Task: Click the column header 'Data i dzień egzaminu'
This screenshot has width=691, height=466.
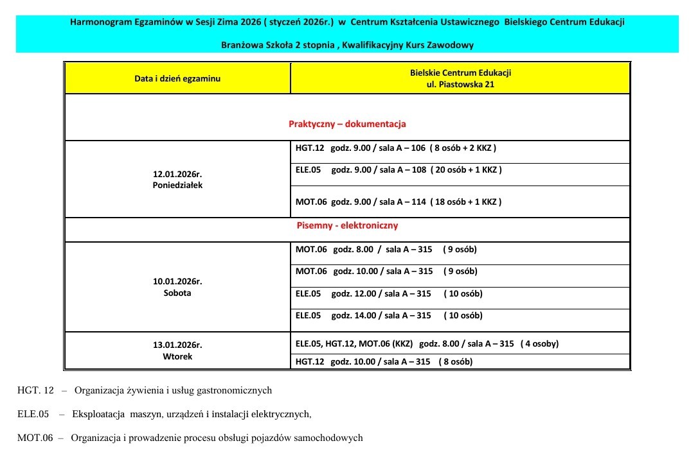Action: coord(177,78)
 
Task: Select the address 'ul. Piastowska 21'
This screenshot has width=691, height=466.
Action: coord(460,84)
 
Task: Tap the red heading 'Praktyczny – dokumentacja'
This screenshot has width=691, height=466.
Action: coord(347,124)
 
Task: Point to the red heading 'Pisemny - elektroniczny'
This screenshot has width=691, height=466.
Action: coord(347,225)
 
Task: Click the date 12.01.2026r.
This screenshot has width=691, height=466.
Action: coord(177,174)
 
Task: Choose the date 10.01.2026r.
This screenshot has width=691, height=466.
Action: coord(177,281)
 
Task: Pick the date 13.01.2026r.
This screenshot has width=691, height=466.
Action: coord(177,345)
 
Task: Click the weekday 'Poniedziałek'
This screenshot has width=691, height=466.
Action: coord(177,186)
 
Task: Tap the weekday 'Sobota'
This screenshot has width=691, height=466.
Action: coord(177,293)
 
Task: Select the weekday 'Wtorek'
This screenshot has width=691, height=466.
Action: coord(177,356)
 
